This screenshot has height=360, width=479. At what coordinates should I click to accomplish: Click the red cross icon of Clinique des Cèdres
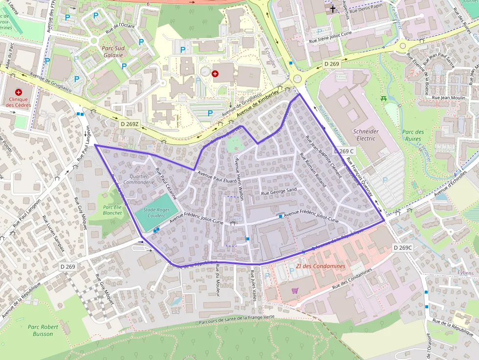[x=19, y=92]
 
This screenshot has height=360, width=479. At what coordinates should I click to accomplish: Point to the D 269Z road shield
[x=130, y=124]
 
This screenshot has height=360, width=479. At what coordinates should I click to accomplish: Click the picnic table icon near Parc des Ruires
[x=384, y=99]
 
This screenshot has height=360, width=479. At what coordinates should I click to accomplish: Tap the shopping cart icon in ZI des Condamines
[x=295, y=290]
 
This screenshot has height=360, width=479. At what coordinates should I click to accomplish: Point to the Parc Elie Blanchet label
[x=112, y=210]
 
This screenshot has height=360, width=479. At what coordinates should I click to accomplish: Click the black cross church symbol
[x=333, y=9]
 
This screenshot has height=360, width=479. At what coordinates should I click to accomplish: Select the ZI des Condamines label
[x=321, y=266]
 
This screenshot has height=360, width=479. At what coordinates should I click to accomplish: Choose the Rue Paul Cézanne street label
[x=166, y=184]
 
